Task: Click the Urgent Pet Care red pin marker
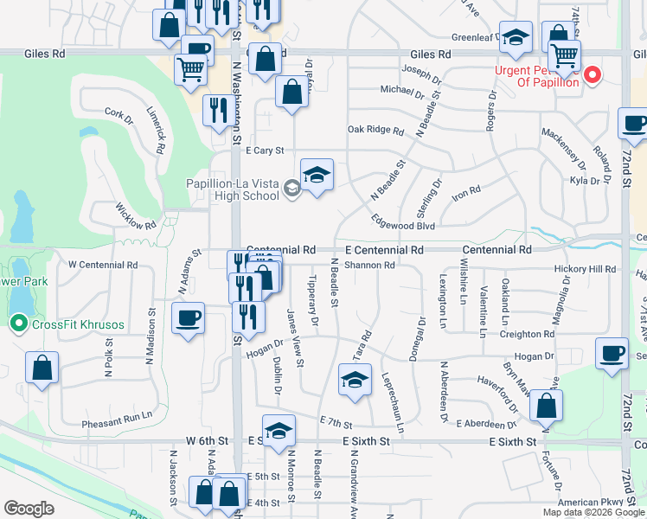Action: click(x=593, y=75)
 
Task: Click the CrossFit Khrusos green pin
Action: click(x=17, y=324)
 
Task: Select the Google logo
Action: click(x=29, y=508)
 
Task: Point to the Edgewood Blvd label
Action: click(x=402, y=225)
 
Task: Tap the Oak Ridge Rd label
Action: click(x=375, y=131)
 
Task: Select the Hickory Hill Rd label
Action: click(x=586, y=269)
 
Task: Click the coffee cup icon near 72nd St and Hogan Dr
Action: click(x=612, y=353)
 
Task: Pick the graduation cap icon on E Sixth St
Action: click(x=279, y=432)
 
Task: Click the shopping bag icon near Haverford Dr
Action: click(x=546, y=405)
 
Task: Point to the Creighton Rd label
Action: click(x=526, y=334)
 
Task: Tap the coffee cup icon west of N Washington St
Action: click(x=188, y=319)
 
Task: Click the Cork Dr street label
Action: click(x=117, y=112)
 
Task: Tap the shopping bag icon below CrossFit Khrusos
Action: click(x=42, y=368)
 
